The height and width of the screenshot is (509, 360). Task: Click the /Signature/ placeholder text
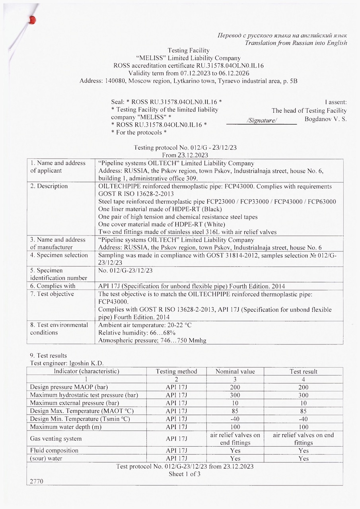pyautogui.click(x=261, y=120)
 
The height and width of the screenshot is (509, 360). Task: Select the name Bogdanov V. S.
pyautogui.click(x=325, y=119)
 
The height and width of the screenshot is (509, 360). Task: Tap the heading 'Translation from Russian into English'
pyautogui.click(x=296, y=43)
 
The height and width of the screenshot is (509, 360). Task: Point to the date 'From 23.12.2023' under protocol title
pyautogui.click(x=185, y=155)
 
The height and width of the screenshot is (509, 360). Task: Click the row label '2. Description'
pyautogui.click(x=49, y=186)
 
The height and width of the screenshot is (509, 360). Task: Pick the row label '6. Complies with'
pyautogui.click(x=53, y=286)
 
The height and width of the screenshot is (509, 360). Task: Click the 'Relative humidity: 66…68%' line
pyautogui.click(x=137, y=332)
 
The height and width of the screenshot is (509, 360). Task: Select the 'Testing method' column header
pyautogui.click(x=176, y=371)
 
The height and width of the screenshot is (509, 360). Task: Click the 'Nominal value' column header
pyautogui.click(x=235, y=371)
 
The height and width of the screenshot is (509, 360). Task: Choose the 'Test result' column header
pyautogui.click(x=304, y=371)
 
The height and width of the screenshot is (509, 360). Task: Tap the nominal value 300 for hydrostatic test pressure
pyautogui.click(x=235, y=395)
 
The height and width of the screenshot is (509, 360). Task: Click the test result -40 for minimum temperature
pyautogui.click(x=304, y=419)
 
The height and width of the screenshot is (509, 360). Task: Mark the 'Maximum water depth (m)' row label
pyautogui.click(x=64, y=427)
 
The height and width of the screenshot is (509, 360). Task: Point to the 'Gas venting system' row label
pyautogui.click(x=56, y=439)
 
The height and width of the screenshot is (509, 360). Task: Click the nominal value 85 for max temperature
pyautogui.click(x=235, y=411)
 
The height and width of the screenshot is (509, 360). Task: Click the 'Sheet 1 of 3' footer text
pyautogui.click(x=185, y=474)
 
